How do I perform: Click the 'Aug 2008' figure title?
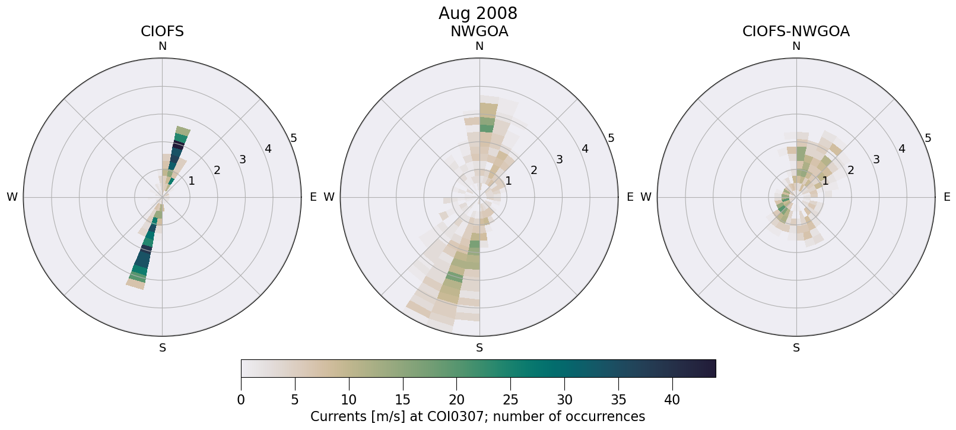(478, 13)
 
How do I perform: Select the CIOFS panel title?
(162, 31)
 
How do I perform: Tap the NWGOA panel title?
(479, 31)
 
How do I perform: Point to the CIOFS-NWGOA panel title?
(796, 31)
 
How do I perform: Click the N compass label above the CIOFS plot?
(162, 46)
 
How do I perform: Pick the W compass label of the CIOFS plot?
(12, 197)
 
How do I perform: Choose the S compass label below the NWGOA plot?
(479, 348)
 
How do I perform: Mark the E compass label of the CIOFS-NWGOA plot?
(947, 197)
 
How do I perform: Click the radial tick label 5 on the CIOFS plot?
(294, 138)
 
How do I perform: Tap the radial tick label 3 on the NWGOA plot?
(559, 159)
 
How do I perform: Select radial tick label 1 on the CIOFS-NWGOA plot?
(825, 181)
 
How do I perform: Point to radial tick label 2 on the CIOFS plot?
(217, 170)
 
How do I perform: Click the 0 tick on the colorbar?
(241, 400)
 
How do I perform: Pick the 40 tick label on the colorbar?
(672, 400)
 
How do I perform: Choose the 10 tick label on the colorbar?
(349, 400)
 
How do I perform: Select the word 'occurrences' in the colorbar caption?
(607, 416)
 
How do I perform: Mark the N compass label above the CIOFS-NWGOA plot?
(796, 46)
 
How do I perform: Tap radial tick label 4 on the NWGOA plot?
(585, 148)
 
